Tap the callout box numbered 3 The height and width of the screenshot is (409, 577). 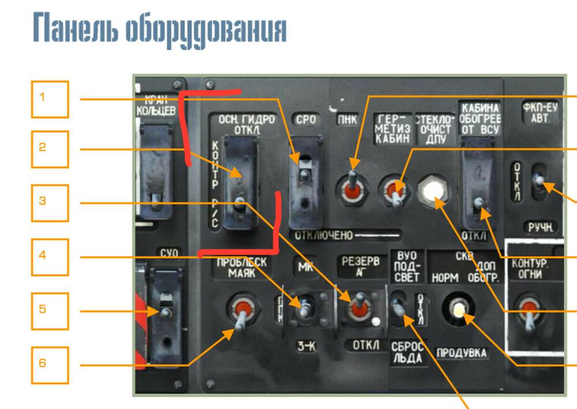50,202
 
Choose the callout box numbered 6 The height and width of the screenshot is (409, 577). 50,365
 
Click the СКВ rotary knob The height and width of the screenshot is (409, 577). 458,310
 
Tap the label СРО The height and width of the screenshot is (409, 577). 305,120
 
